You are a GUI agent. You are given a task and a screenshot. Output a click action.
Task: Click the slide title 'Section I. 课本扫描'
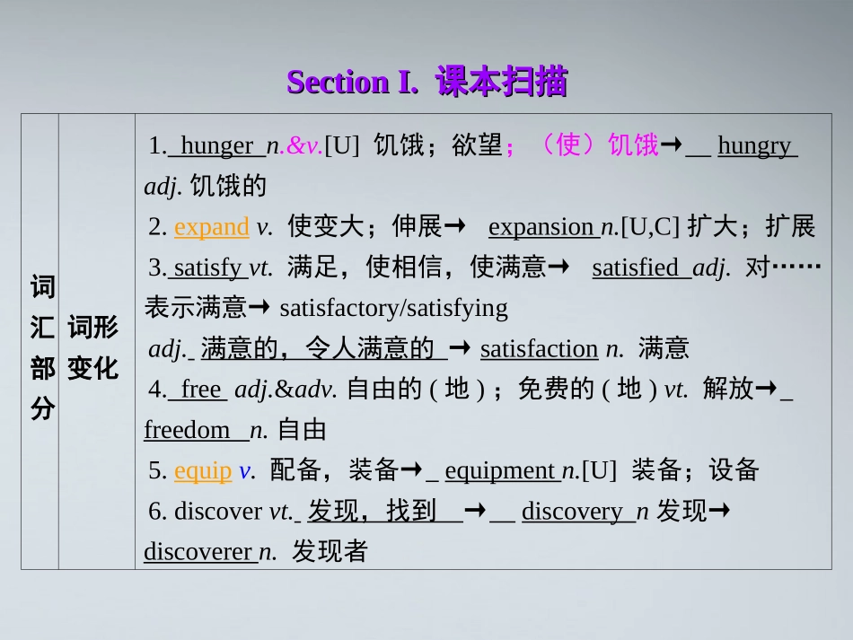(x=426, y=83)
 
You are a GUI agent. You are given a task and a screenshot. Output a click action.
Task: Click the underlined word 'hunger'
(x=216, y=146)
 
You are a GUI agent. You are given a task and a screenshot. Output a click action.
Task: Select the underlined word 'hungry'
(x=754, y=146)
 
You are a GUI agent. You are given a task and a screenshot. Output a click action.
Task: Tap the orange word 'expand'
(x=212, y=227)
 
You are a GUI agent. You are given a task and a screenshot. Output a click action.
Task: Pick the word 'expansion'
(x=541, y=227)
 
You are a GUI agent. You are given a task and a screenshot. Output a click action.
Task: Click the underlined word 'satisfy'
(x=207, y=267)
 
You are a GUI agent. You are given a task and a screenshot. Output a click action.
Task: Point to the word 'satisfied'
(x=636, y=267)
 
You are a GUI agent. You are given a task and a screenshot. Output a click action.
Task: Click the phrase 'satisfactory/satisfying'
(x=393, y=309)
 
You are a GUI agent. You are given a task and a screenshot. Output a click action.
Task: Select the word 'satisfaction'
(x=539, y=349)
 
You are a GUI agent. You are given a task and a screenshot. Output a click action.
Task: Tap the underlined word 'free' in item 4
(x=200, y=390)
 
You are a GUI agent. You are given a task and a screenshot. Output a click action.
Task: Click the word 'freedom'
(x=187, y=430)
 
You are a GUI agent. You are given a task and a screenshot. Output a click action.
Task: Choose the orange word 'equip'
(x=203, y=470)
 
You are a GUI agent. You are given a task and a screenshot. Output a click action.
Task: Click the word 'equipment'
(x=500, y=470)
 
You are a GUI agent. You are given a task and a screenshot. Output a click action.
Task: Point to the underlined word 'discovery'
(x=571, y=512)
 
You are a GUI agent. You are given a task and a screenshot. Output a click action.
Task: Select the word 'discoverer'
(x=199, y=552)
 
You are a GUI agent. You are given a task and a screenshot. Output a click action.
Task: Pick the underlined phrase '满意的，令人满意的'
(x=318, y=349)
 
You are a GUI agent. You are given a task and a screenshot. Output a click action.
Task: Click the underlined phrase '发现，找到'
(x=372, y=512)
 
